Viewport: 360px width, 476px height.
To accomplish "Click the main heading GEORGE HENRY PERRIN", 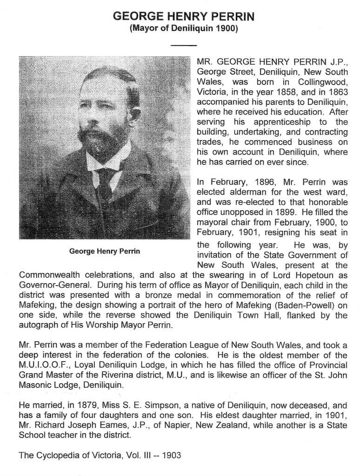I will (184, 17).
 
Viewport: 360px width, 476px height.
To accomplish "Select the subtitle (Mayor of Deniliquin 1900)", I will (184, 28).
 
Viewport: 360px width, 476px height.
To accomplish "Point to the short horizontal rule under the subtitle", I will (184, 45).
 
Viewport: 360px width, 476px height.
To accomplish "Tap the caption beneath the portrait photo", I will (105, 251).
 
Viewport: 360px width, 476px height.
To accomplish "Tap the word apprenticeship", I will (279, 121).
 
